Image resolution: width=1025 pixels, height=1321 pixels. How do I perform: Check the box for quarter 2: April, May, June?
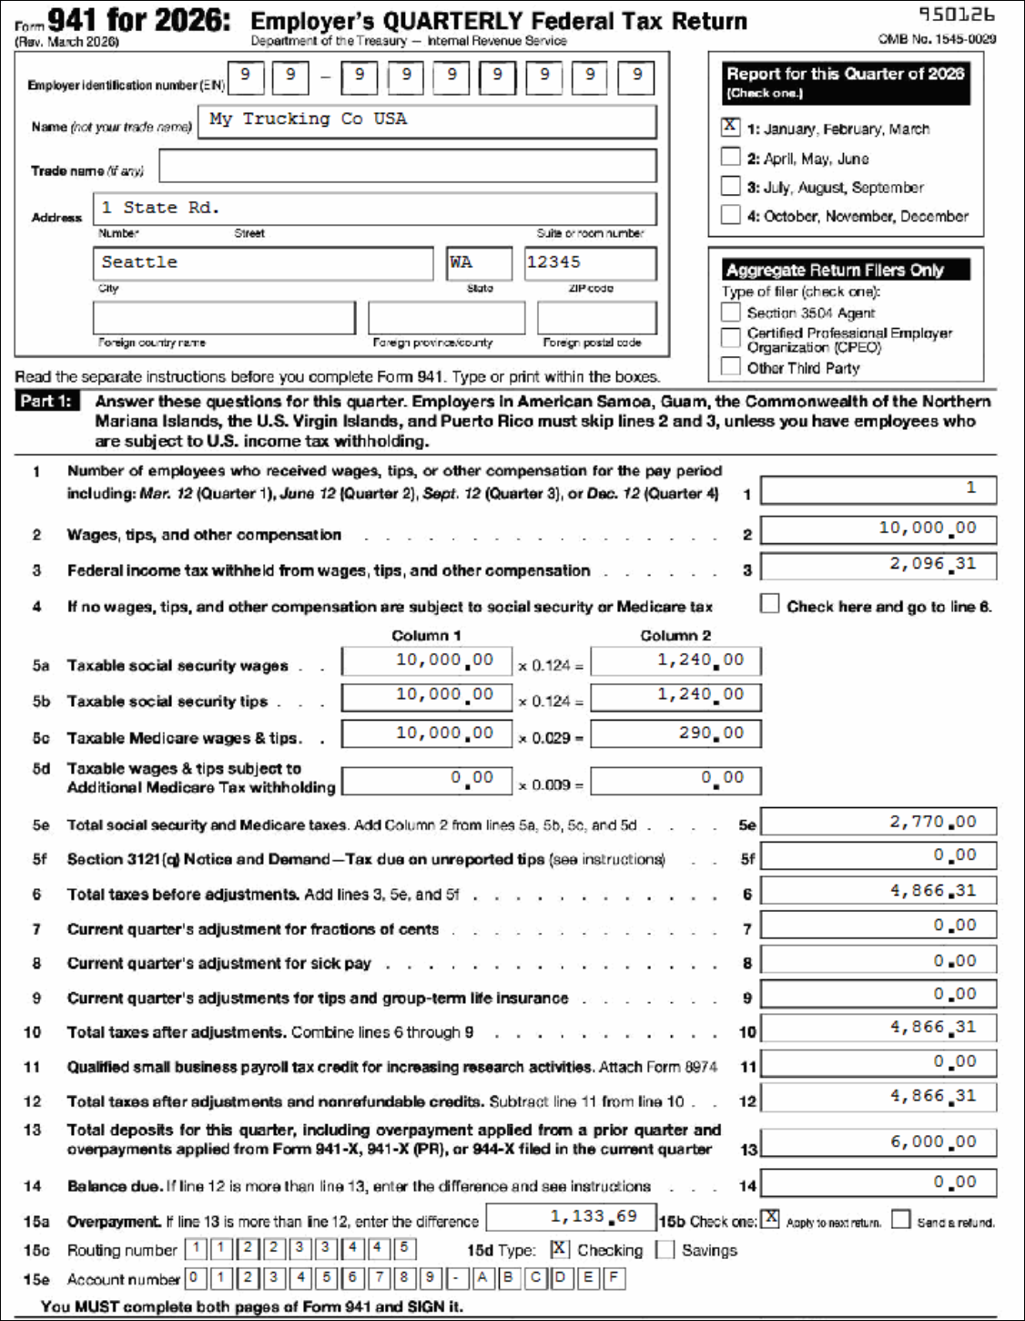730,157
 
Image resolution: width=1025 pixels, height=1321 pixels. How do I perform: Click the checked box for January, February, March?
730,127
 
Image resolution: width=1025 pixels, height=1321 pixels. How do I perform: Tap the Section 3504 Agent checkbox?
730,312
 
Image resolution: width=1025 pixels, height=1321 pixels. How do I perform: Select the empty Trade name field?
407,166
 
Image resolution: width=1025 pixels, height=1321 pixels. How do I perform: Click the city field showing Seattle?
262,263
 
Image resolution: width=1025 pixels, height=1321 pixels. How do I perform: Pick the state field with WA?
479,263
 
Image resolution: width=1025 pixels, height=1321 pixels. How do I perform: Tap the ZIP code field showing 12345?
590,263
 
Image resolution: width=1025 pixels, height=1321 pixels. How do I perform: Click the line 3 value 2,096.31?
878,565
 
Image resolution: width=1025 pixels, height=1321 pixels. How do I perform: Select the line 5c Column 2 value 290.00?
675,733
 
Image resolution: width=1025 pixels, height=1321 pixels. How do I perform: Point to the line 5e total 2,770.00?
878,822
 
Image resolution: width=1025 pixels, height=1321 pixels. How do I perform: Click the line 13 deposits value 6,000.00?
878,1142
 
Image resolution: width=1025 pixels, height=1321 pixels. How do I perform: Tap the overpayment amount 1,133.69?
571,1217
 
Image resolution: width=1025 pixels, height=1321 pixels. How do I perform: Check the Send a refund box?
901,1219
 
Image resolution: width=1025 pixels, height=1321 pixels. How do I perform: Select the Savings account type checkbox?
665,1249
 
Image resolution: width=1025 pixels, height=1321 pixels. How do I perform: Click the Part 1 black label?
46,401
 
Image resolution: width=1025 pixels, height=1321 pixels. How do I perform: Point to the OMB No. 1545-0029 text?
937,39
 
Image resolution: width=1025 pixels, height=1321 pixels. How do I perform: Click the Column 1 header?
426,635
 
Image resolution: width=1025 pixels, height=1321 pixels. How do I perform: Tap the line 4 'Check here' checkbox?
770,604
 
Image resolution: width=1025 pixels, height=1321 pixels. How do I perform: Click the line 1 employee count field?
878,489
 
